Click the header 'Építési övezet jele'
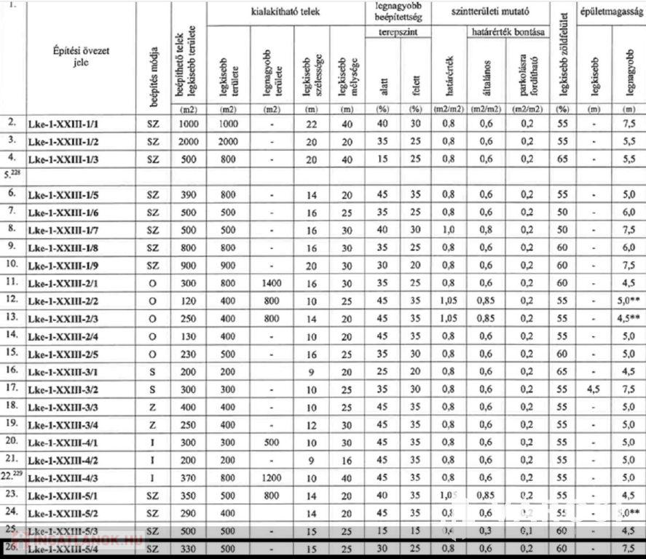(81, 56)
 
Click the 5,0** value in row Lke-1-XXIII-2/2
(629, 300)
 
